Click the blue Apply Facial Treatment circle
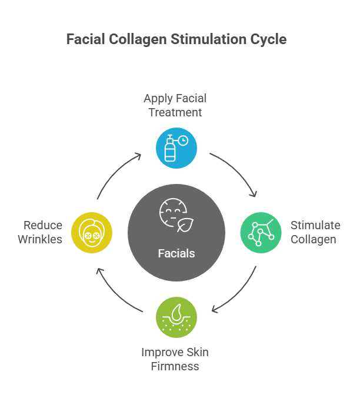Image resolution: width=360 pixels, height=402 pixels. click(x=176, y=148)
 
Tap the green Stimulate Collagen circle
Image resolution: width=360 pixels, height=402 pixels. click(x=261, y=233)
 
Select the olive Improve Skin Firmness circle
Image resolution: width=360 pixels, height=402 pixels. click(x=176, y=317)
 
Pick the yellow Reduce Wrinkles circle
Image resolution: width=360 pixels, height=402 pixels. click(x=92, y=233)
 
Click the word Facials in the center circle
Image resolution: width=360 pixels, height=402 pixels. click(x=176, y=254)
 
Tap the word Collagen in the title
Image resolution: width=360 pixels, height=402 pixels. click(x=139, y=40)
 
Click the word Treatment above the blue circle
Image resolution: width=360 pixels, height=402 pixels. click(x=175, y=112)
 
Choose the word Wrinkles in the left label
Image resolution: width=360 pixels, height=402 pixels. click(x=40, y=239)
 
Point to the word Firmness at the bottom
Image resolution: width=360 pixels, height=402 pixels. click(x=174, y=366)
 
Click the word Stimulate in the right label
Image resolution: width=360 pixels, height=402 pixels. click(x=315, y=226)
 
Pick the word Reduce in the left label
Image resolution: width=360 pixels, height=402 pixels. click(x=43, y=226)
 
